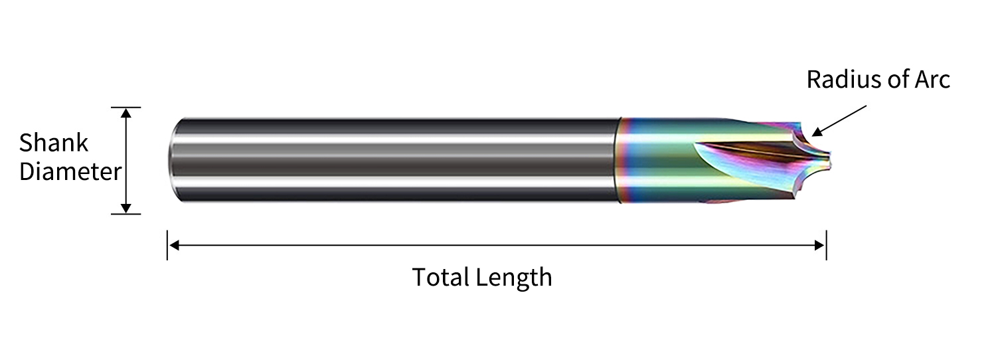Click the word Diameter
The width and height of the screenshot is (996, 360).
pos(70,172)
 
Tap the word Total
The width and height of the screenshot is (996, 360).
pos(442,277)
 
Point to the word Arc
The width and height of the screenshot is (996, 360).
pos(932,80)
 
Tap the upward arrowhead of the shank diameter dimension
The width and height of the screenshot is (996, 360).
pos(126,114)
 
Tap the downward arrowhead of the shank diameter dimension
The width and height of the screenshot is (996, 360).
pos(126,208)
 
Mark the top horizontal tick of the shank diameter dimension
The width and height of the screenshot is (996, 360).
pos(126,107)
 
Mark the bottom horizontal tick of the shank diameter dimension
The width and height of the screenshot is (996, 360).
pos(126,214)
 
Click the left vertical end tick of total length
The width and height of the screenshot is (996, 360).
pos(167,245)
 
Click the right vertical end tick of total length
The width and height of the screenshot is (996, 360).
pos(826,245)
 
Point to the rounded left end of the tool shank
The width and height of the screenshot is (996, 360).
pos(173,160)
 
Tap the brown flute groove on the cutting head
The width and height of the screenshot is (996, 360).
pos(744,151)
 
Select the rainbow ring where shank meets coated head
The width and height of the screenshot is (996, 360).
pos(624,160)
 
